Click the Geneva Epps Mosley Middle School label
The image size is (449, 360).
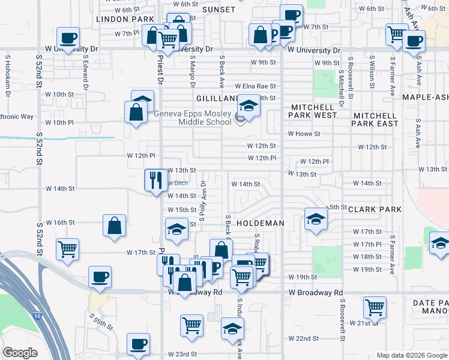(192, 118)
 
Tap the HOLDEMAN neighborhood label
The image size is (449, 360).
(260, 223)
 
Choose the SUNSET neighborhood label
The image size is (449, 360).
(218, 10)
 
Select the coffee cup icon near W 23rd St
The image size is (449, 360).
(138, 344)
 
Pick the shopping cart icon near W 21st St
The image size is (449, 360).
(375, 307)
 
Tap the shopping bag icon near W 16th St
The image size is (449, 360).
(114, 226)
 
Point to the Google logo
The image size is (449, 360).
(20, 353)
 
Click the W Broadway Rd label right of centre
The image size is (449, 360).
(315, 293)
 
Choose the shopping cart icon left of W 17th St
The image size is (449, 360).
(67, 248)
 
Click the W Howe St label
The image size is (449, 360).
(304, 134)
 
